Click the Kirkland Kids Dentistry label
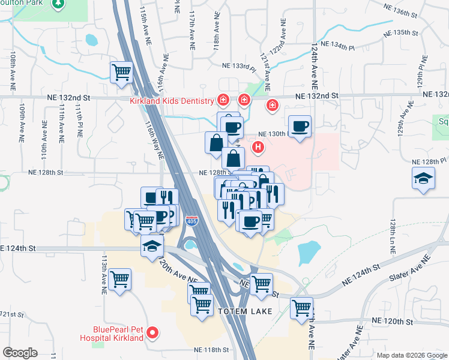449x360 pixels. click(x=172, y=101)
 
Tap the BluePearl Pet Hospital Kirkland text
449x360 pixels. click(x=118, y=333)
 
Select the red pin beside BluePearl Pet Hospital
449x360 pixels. click(x=152, y=331)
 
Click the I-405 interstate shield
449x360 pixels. click(x=191, y=221)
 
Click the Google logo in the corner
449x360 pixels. click(x=20, y=352)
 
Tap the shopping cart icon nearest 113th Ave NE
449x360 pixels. click(x=121, y=280)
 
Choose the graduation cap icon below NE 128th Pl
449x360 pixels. click(x=423, y=179)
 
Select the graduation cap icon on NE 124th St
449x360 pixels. click(x=152, y=245)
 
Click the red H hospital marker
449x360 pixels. click(x=258, y=146)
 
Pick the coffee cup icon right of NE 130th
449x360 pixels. click(x=300, y=127)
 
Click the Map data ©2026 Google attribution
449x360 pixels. click(x=412, y=355)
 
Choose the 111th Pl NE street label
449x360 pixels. click(x=78, y=121)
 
